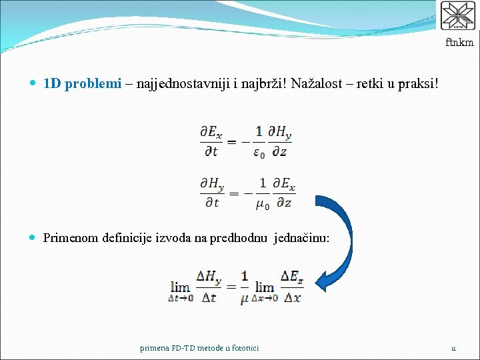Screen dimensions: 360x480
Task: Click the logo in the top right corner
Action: pyautogui.click(x=457, y=16)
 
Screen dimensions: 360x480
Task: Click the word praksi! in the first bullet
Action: pyautogui.click(x=419, y=85)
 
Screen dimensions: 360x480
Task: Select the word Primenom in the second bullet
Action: pyautogui.click(x=70, y=237)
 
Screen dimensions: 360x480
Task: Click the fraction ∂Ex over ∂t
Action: pyautogui.click(x=211, y=141)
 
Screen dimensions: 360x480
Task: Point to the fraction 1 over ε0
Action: pyautogui.click(x=259, y=141)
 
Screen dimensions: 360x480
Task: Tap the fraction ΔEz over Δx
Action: pyautogui.click(x=291, y=287)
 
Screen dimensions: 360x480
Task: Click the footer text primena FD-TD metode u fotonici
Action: pyautogui.click(x=199, y=347)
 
